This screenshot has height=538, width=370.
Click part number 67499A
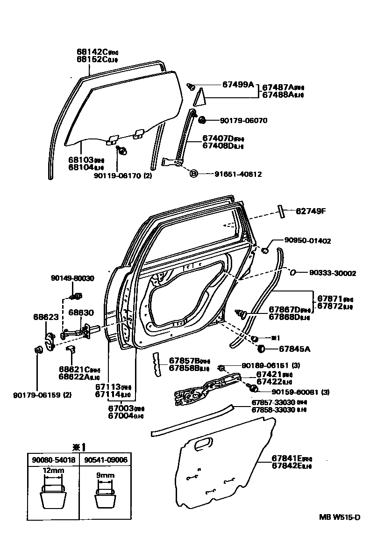tap(238, 85)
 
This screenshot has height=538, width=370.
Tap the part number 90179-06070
tap(243, 120)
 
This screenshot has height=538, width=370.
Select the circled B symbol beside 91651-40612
tap(194, 174)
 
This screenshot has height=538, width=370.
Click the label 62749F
tap(310, 211)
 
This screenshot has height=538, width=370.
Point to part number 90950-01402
tap(307, 241)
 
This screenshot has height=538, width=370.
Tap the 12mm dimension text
tap(53, 470)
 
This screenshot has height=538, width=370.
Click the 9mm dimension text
tap(105, 476)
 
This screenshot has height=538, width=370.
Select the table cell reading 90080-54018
tap(53, 460)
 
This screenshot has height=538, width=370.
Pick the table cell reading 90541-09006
tap(105, 460)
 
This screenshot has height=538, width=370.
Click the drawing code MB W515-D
tap(340, 517)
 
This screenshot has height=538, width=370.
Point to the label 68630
tap(81, 312)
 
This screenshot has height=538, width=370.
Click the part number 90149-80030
tap(72, 278)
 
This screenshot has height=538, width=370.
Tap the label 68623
tap(45, 317)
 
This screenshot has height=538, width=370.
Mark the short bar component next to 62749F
tap(281, 211)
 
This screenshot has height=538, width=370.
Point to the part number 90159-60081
tap(293, 392)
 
